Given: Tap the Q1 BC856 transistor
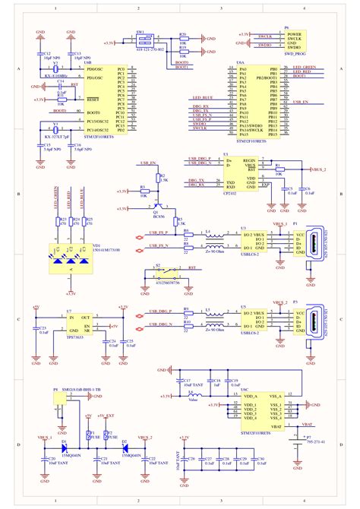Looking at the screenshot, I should coord(157,203).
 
